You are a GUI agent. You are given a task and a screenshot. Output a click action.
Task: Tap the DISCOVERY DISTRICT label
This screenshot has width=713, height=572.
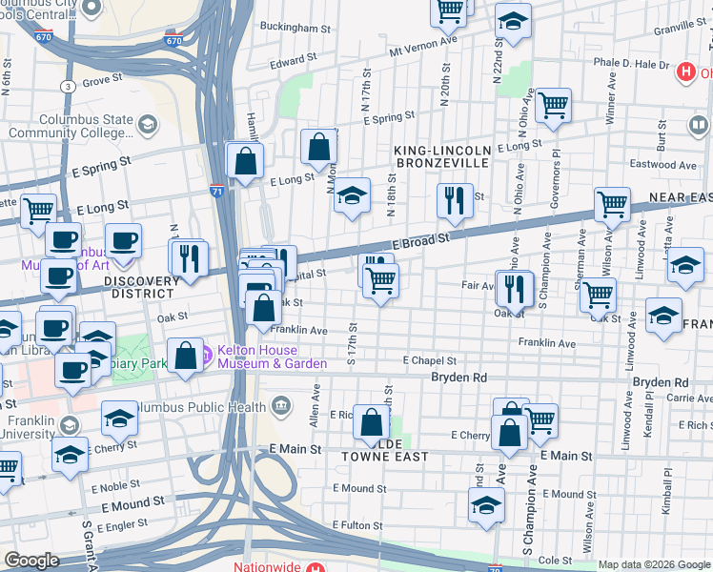142,288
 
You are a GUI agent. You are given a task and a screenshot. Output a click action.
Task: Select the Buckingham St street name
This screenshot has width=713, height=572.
294,29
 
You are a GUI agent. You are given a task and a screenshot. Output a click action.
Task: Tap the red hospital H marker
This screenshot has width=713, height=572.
683,71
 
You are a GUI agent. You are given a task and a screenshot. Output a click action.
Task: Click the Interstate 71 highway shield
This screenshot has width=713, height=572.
217,191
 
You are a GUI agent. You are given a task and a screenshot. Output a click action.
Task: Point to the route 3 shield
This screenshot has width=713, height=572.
67,87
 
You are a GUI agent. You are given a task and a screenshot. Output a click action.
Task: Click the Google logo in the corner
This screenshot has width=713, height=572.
31,561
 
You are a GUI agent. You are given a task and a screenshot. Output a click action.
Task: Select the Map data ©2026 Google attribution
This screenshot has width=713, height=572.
653,564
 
